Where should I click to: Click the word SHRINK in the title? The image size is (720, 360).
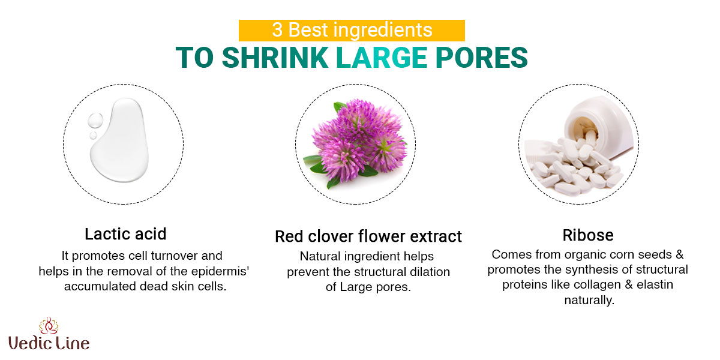(275, 58)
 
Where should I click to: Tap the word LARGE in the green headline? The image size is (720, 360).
(382, 58)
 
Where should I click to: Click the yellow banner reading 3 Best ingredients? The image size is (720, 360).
(352, 31)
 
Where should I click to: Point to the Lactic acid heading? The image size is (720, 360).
(125, 234)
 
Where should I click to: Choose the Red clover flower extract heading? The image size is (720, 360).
(368, 236)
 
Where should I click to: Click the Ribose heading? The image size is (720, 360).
(588, 235)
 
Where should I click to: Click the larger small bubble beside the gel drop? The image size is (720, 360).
(95, 120)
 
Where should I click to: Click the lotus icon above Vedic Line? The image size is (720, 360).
(49, 326)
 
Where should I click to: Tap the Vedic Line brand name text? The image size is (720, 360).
(49, 343)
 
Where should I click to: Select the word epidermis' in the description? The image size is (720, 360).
(220, 272)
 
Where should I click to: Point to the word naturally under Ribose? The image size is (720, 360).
(589, 301)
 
